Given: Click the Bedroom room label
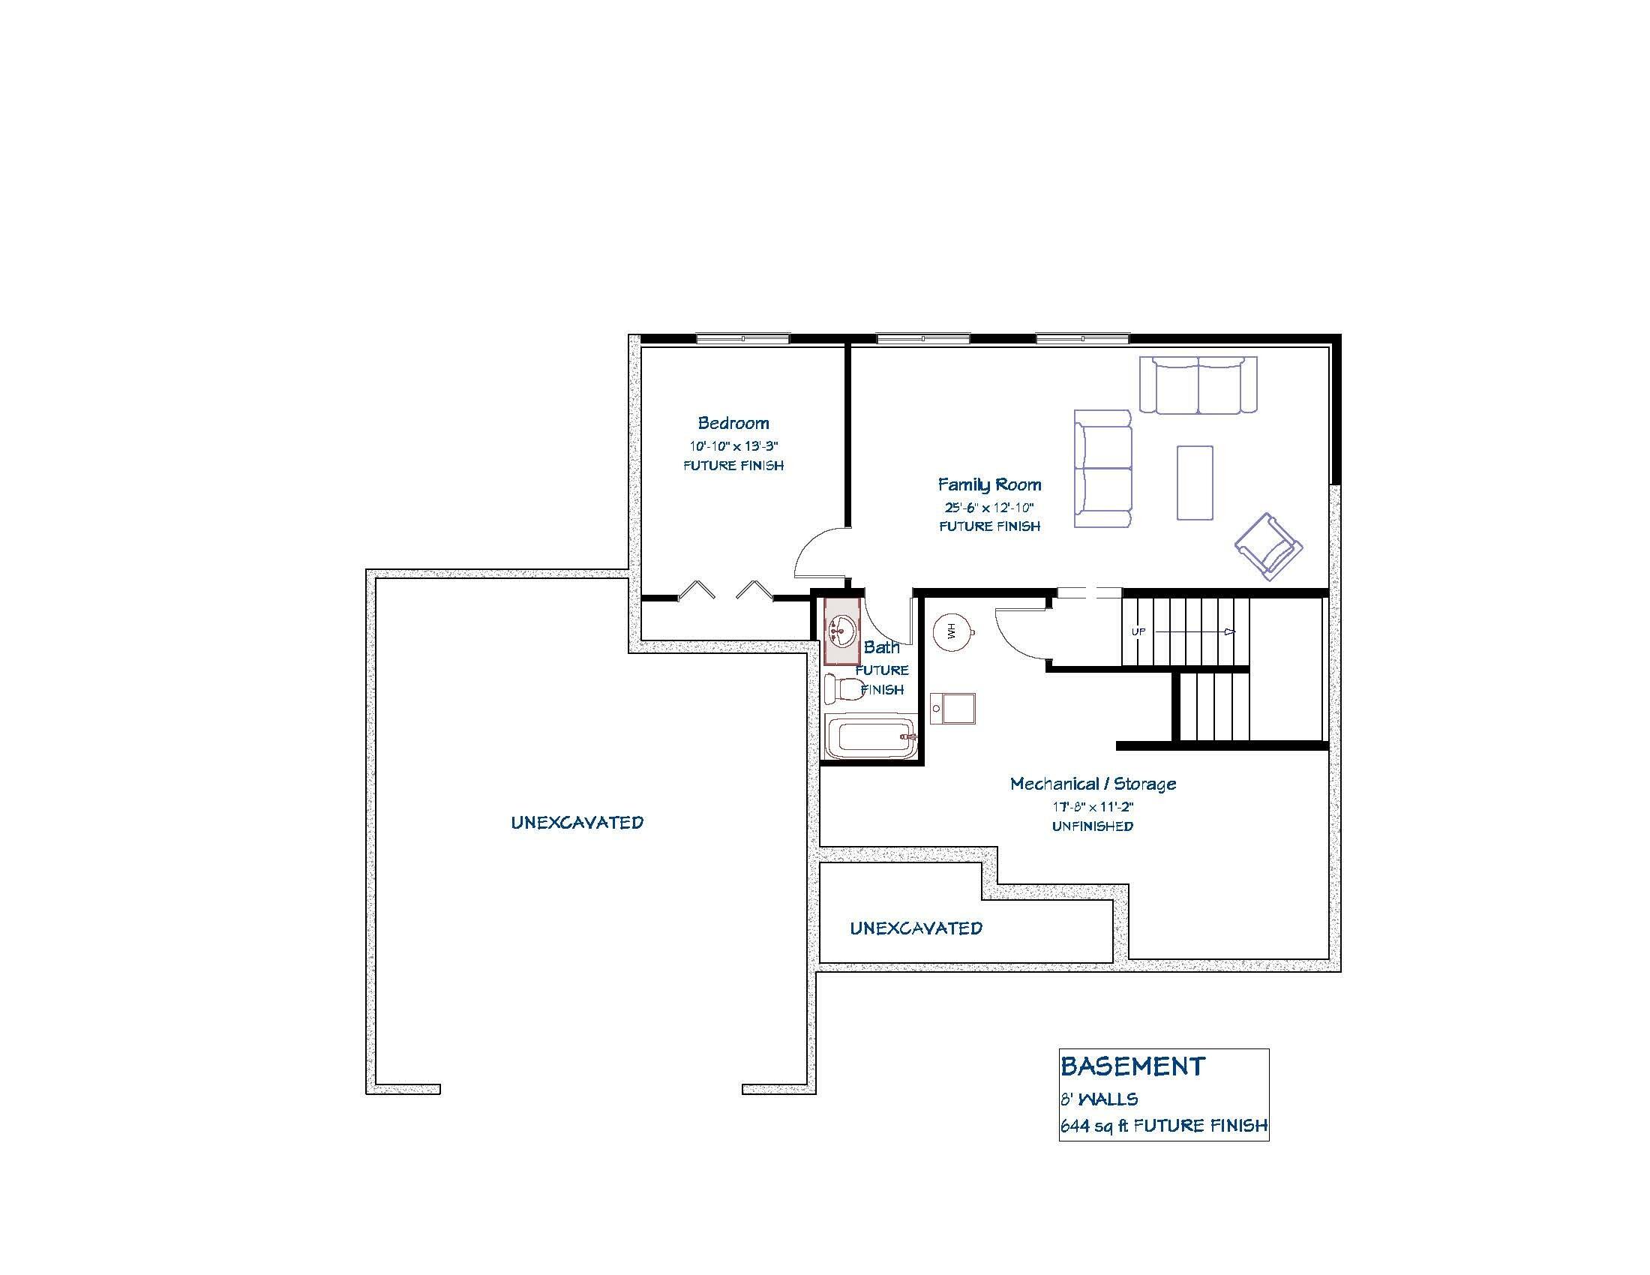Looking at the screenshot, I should click(733, 423).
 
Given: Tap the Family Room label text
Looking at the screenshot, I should click(989, 485).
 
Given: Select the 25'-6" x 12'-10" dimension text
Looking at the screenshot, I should click(989, 508).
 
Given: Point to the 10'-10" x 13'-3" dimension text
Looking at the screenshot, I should click(733, 445).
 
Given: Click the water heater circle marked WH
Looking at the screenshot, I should click(951, 631).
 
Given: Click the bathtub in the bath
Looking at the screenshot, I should click(870, 737).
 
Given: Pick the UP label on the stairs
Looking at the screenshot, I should click(1138, 631).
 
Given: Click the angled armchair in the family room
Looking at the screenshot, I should click(1268, 547).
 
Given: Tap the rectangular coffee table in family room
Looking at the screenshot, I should click(1195, 483).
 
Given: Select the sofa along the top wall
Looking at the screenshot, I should click(1198, 385).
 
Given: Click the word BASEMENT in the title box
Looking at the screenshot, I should click(1132, 1066).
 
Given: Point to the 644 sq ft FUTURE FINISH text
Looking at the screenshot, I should click(1163, 1126).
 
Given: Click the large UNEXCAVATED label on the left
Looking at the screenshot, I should click(577, 823).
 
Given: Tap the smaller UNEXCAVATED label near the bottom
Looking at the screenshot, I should click(916, 928).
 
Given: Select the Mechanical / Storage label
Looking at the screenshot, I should click(1093, 784).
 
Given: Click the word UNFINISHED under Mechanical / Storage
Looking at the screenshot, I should click(1093, 826).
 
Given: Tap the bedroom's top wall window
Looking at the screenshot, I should click(742, 339).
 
